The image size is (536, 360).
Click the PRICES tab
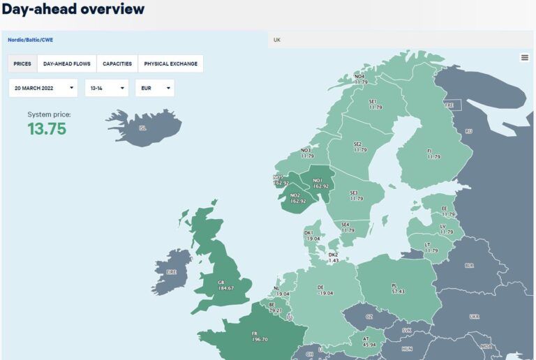[x=22, y=63]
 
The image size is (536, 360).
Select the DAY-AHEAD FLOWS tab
[x=67, y=63]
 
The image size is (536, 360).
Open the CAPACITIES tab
[x=117, y=63]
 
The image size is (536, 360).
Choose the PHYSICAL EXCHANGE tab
[x=170, y=63]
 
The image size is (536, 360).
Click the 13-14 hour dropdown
[x=106, y=88]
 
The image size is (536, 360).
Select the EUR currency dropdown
[x=154, y=88]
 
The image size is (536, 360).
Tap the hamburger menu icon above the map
[x=525, y=58]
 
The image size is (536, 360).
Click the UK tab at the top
[x=277, y=40]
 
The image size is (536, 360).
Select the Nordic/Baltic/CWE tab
[x=30, y=40]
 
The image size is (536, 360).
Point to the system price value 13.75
[x=47, y=128]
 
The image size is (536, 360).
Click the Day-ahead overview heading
[x=73, y=9]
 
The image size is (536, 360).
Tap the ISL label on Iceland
[x=142, y=128]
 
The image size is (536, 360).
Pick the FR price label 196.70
[x=259, y=339]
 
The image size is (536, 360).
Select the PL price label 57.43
[x=399, y=291]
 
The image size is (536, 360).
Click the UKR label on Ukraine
[x=475, y=316]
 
